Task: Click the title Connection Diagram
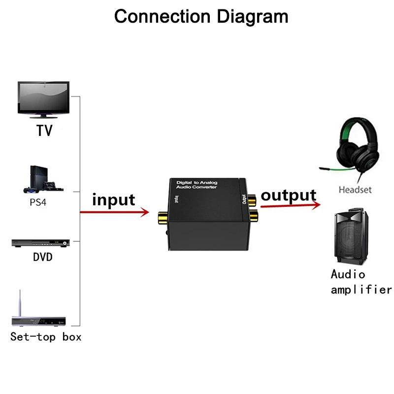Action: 201,16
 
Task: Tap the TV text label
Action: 44,131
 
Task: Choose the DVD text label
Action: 43,257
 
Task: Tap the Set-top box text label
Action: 46,337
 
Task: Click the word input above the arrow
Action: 113,199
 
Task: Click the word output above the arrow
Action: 288,196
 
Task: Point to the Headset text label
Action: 355,190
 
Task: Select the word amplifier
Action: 361,290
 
